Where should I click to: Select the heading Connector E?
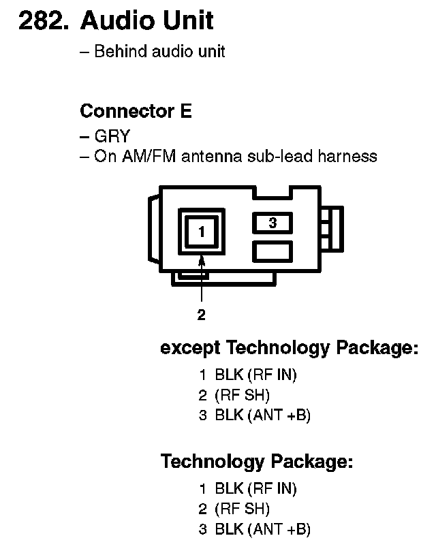(x=136, y=110)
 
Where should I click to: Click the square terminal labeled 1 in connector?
(x=201, y=232)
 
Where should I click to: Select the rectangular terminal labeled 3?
(x=272, y=223)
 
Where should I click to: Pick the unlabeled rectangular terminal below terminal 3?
(x=272, y=251)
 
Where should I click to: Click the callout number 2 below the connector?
(x=201, y=315)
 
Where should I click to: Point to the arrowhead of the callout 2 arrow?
(x=201, y=259)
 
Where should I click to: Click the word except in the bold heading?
(x=190, y=349)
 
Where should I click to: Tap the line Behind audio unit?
(x=159, y=52)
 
